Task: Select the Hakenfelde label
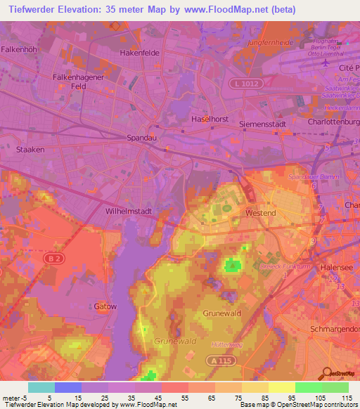(140, 53)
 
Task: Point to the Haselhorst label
(210, 119)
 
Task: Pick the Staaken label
(30, 150)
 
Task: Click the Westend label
(260, 212)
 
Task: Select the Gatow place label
(105, 306)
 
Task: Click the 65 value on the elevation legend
(191, 398)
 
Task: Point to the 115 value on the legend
(345, 398)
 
